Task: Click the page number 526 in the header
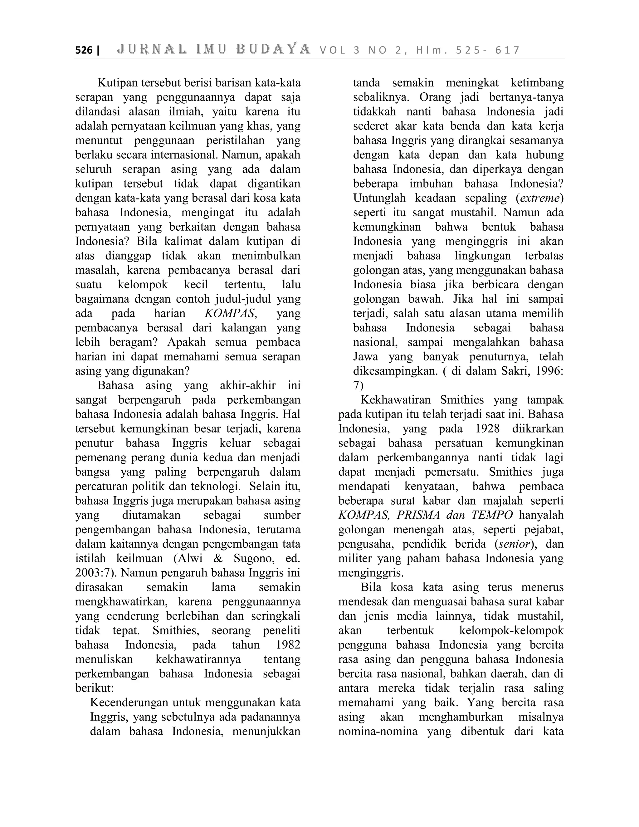click(84, 50)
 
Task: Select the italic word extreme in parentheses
click(539, 198)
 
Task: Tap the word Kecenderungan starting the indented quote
click(129, 703)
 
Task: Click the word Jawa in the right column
click(366, 357)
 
